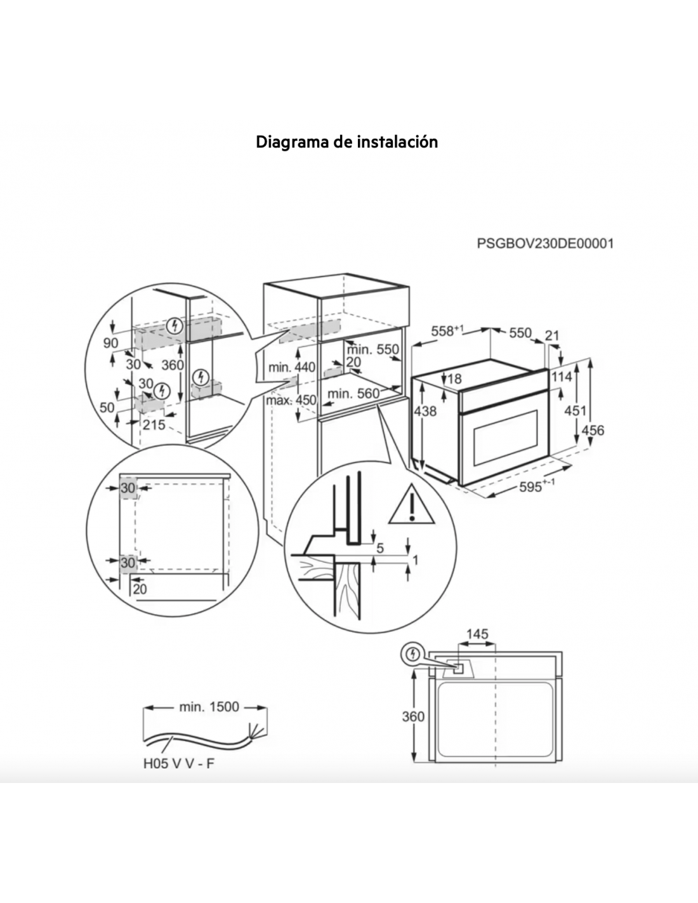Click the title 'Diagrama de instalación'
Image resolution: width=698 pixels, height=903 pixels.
click(x=346, y=142)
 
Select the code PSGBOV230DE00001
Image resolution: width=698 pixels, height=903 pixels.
click(x=545, y=243)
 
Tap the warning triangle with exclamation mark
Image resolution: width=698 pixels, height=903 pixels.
click(x=411, y=504)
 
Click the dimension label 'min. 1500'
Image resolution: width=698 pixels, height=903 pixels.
click(x=209, y=706)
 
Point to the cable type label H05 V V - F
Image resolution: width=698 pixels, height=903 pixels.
click(x=179, y=763)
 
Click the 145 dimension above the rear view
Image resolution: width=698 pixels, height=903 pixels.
click(x=477, y=634)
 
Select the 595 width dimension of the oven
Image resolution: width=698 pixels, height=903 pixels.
click(x=537, y=486)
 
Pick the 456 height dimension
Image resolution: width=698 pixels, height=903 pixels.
click(x=593, y=430)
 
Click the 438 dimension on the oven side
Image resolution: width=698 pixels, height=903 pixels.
click(x=426, y=411)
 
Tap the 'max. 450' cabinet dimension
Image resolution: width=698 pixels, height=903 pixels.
click(x=291, y=400)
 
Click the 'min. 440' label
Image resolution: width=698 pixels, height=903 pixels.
click(x=292, y=367)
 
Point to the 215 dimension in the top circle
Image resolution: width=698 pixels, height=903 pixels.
click(x=154, y=425)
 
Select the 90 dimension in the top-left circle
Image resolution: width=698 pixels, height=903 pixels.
click(x=111, y=343)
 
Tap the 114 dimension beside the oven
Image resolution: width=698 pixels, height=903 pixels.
click(x=562, y=377)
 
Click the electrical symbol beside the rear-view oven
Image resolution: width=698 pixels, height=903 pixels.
click(x=412, y=655)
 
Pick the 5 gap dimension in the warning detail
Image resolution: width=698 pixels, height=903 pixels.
click(x=380, y=549)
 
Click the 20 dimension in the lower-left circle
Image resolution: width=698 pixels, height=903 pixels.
click(x=140, y=589)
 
